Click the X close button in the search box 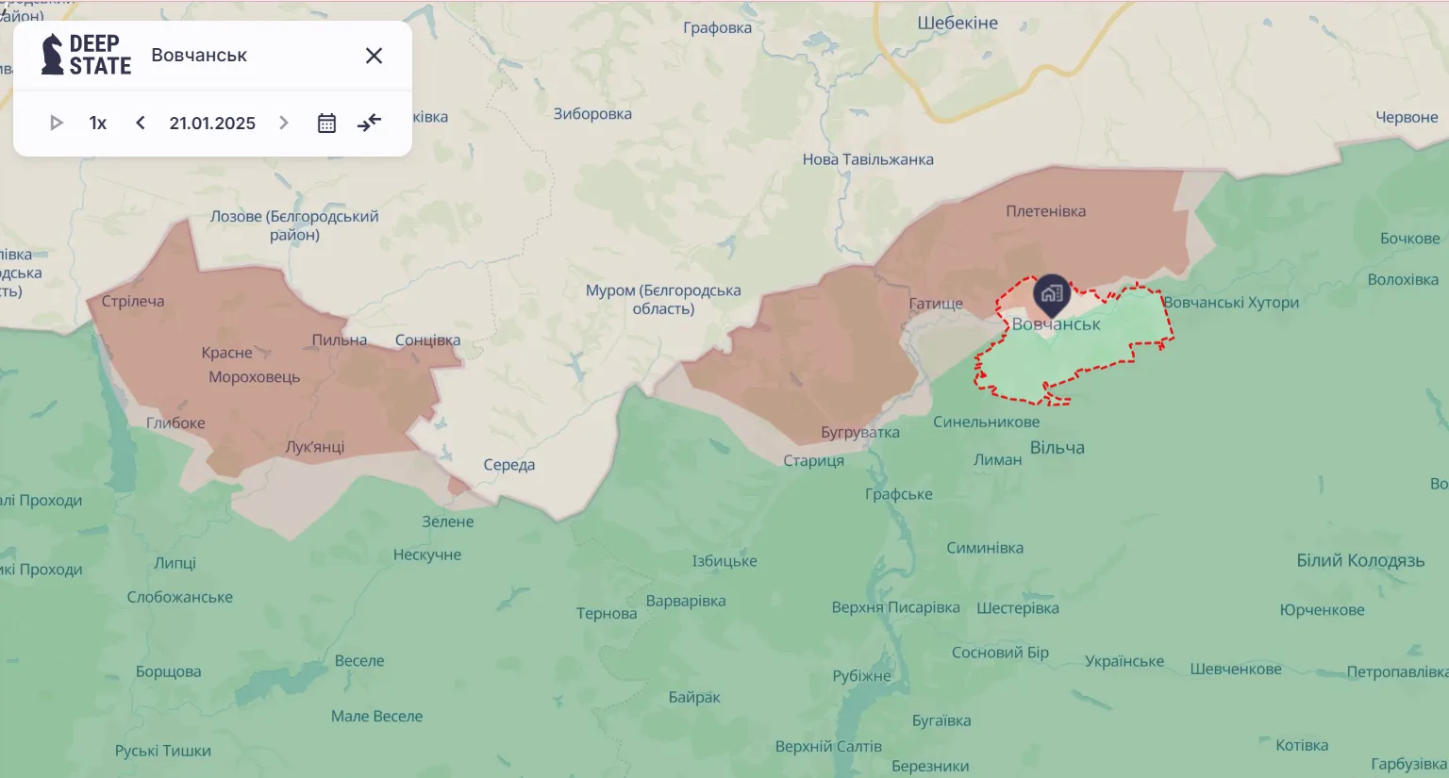pos(374,56)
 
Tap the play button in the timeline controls pos(56,123)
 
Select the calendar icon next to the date pos(326,123)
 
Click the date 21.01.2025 pos(212,123)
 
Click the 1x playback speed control pos(98,123)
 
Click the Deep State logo pos(86,55)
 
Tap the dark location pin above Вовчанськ pos(1051,294)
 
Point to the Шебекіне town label pos(958,23)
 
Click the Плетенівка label pos(1045,211)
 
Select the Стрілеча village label pos(133,301)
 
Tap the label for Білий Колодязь pos(1360,560)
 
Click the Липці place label pos(175,563)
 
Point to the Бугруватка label pos(859,432)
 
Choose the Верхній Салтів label pos(828,746)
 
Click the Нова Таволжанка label pos(868,159)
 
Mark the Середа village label pos(508,464)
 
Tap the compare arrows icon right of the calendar pos(370,123)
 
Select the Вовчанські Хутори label pos(1230,302)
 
